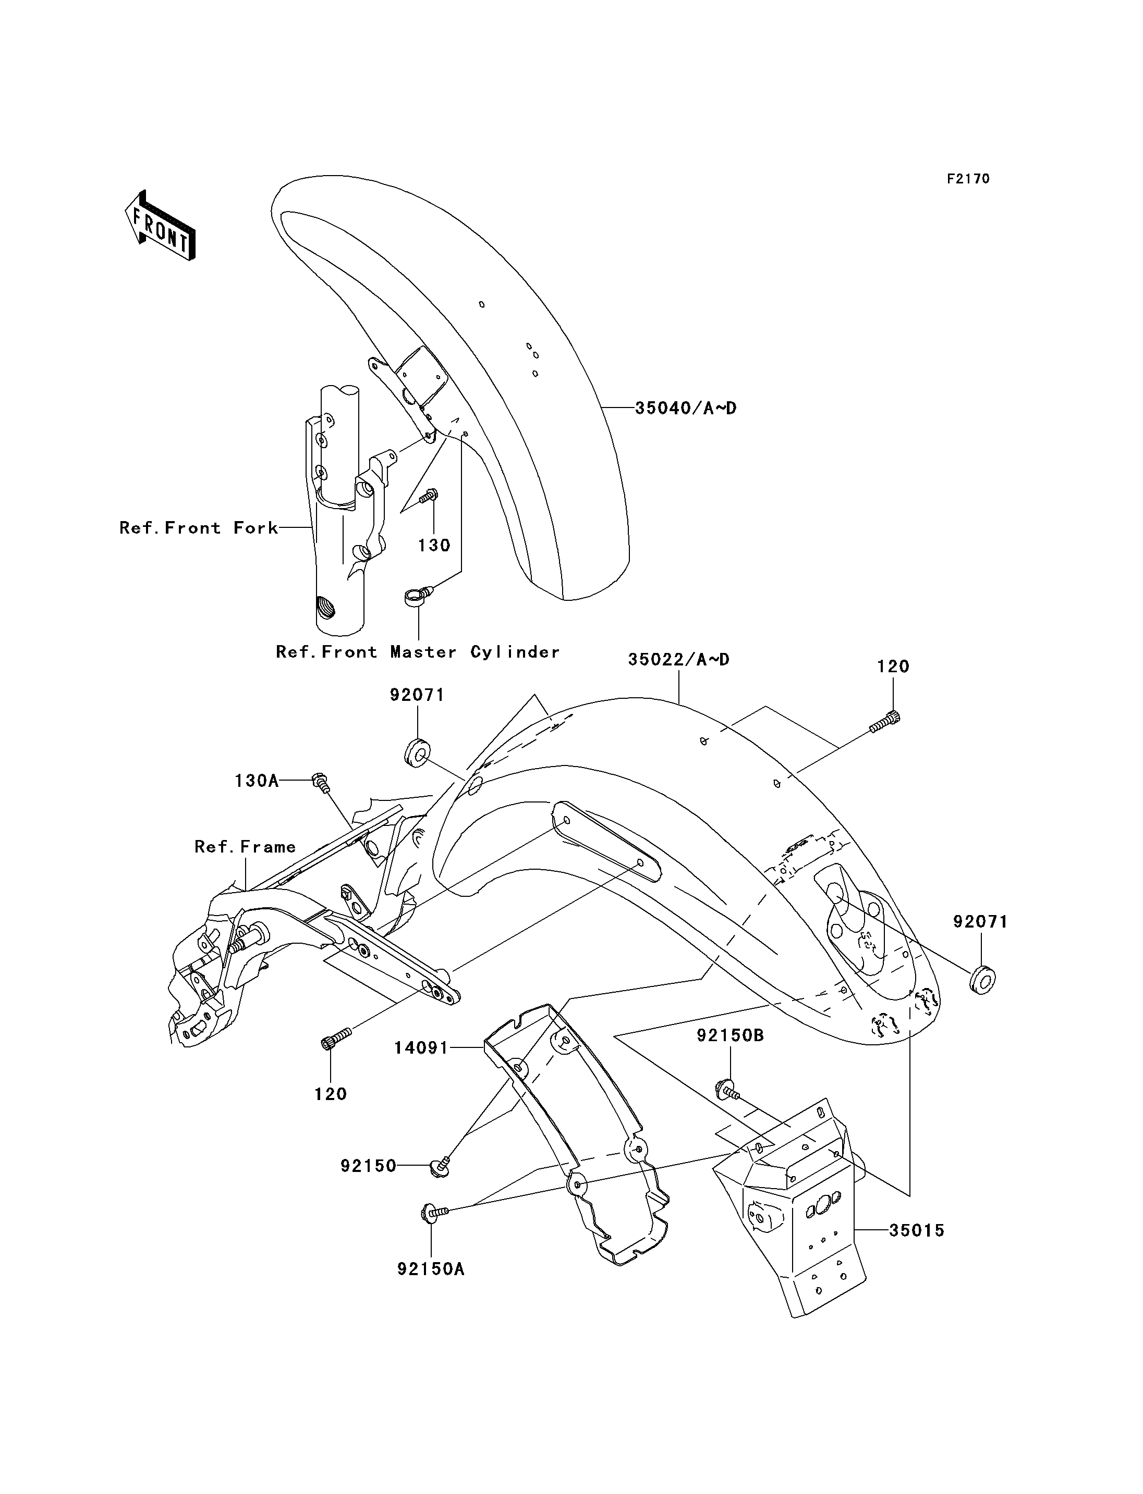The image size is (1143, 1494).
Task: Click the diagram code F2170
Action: [969, 179]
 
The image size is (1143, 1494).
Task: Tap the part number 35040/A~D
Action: [686, 408]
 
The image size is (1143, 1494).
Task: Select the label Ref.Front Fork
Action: [199, 528]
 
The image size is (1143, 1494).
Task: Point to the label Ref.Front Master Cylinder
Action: [418, 651]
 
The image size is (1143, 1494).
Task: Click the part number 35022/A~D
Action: [678, 659]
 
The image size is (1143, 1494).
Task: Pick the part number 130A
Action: [257, 781]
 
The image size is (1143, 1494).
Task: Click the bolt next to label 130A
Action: [321, 783]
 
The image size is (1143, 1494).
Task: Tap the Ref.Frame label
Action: [245, 847]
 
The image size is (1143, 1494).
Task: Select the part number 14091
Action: [421, 1048]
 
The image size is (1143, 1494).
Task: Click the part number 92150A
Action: [431, 1269]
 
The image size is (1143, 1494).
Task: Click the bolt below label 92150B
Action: [727, 1090]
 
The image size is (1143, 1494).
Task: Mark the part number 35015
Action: [917, 1230]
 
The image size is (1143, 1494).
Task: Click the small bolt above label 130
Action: [429, 497]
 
